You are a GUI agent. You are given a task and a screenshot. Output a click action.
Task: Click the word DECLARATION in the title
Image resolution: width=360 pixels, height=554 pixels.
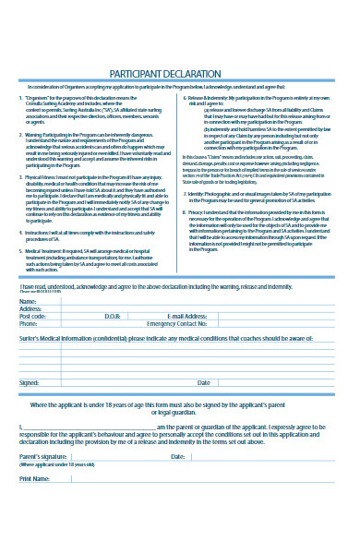click(193, 74)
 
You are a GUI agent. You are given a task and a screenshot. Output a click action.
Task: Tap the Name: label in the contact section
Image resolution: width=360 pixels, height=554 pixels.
click(29, 301)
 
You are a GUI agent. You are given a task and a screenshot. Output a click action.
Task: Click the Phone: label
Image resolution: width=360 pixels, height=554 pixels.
click(30, 324)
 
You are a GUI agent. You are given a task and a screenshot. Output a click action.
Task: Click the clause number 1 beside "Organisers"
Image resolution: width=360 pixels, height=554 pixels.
click(21, 97)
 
